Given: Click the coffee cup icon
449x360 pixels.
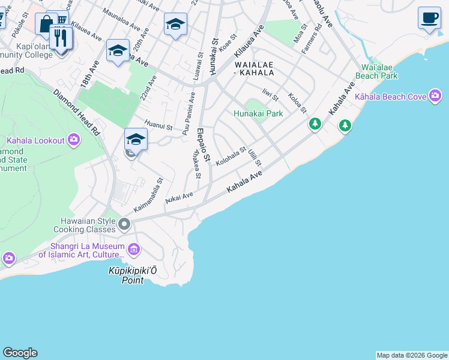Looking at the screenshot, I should (429, 17).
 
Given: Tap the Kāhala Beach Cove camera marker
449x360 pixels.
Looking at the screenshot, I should (435, 96).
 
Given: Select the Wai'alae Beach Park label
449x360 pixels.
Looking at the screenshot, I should (376, 72).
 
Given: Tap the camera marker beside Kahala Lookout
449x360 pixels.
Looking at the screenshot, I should (74, 140).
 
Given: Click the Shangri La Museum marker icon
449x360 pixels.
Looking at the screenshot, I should (133, 248).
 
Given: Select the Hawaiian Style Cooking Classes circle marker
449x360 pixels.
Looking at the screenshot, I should (124, 224).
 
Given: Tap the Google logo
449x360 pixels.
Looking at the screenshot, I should (20, 353).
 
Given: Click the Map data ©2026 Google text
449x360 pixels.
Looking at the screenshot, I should (411, 355).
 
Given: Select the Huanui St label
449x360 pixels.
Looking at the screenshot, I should (158, 127).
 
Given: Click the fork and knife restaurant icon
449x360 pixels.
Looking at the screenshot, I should (61, 38).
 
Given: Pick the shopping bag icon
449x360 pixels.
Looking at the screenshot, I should (46, 24).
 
